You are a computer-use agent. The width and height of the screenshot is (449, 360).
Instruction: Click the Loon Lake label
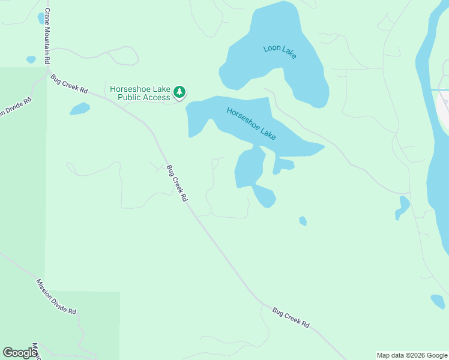click(x=280, y=52)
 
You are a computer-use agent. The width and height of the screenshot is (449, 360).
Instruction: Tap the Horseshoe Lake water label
click(x=251, y=124)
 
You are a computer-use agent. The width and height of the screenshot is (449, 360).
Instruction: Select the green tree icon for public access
click(x=179, y=92)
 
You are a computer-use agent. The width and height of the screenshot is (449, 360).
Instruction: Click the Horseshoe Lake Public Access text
click(x=140, y=93)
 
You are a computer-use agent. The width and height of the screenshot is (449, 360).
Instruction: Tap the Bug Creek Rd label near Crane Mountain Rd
click(x=69, y=83)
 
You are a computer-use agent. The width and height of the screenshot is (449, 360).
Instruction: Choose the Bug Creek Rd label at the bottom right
click(x=291, y=317)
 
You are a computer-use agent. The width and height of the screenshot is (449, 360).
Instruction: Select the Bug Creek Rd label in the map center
click(x=177, y=183)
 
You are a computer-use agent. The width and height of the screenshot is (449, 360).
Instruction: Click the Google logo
click(x=20, y=353)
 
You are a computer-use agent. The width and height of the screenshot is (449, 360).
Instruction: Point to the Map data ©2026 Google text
click(x=412, y=355)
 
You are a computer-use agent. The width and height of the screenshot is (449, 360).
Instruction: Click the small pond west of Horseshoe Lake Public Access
click(x=80, y=109)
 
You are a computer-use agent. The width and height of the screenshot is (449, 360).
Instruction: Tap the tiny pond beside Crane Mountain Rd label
click(x=31, y=59)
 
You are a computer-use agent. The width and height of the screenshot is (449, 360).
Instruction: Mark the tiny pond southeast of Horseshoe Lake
click(x=303, y=221)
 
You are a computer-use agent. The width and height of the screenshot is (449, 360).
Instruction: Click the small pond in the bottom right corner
click(x=438, y=301)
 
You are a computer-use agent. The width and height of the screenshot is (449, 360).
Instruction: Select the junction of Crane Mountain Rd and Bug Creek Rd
click(x=48, y=71)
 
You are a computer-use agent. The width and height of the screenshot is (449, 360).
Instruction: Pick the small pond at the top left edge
click(x=42, y=18)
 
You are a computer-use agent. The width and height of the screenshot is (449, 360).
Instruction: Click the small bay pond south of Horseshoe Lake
click(x=265, y=196)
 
